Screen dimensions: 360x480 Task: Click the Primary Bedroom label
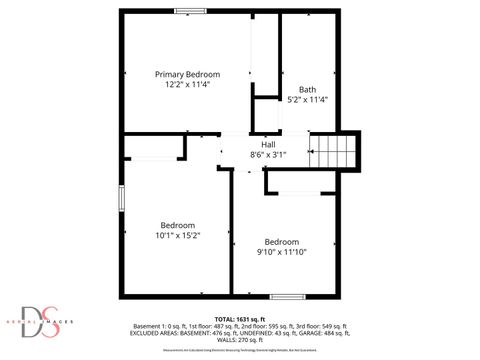pos(187,74)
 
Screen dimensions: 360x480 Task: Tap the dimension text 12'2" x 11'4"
pos(187,85)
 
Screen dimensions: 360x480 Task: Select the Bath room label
pos(307,88)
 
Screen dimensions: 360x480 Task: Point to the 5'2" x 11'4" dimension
pos(307,99)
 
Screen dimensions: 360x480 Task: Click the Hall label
pos(268,143)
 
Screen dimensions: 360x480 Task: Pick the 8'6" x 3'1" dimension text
pos(268,154)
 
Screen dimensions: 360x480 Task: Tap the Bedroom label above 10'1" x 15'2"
pos(178,225)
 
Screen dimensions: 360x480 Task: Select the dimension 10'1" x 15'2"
pos(178,236)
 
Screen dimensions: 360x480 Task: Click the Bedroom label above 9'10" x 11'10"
pos(282,241)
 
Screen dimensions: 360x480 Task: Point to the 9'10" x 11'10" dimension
pos(282,252)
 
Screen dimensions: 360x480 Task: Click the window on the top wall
pos(190,11)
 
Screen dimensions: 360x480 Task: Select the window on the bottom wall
pos(287,296)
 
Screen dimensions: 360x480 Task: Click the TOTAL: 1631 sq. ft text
pos(239,319)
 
